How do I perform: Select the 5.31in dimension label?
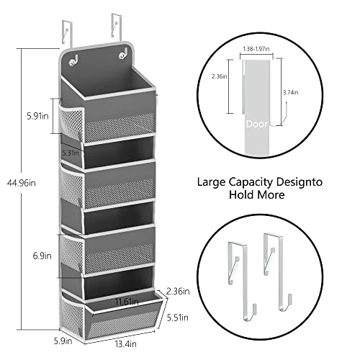(x=91, y=153)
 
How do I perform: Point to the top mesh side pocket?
(x=72, y=125)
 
